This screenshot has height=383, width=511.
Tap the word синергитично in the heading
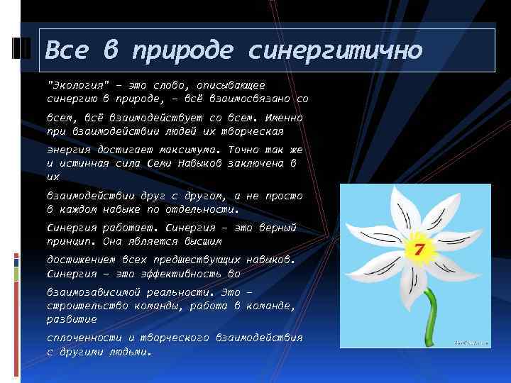point(335,50)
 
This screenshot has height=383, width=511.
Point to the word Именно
point(282,117)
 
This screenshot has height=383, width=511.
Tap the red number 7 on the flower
point(418,250)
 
